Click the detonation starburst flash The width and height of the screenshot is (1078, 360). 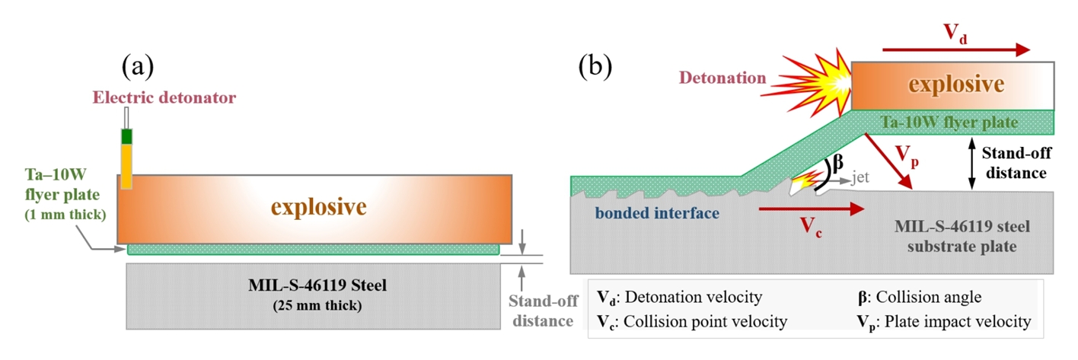click(815, 78)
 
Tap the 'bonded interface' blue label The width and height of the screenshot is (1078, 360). click(659, 213)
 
